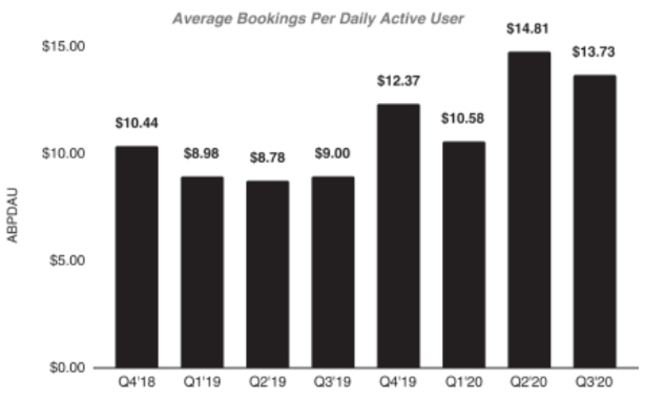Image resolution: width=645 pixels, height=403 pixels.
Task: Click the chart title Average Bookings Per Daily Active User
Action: click(318, 18)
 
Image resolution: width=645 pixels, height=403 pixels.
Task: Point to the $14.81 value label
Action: click(529, 30)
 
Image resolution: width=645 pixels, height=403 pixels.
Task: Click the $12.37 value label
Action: click(398, 81)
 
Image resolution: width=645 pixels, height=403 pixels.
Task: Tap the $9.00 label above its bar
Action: click(332, 154)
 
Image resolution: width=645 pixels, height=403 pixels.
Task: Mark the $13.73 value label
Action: click(594, 53)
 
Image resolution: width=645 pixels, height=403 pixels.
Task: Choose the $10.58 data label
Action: click(463, 118)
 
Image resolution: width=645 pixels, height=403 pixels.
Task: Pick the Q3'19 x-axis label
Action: click(332, 382)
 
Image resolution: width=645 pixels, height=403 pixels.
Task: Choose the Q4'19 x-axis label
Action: click(398, 382)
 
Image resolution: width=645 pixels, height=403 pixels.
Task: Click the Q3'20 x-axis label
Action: click(594, 382)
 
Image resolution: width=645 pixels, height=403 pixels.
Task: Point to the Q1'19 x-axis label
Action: click(202, 382)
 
